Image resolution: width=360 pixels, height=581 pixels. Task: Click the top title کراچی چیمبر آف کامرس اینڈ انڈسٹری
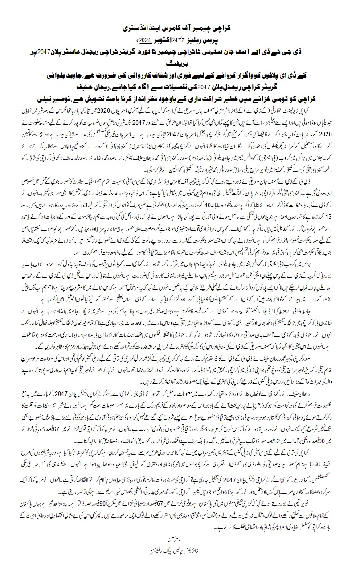coord(180,28)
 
